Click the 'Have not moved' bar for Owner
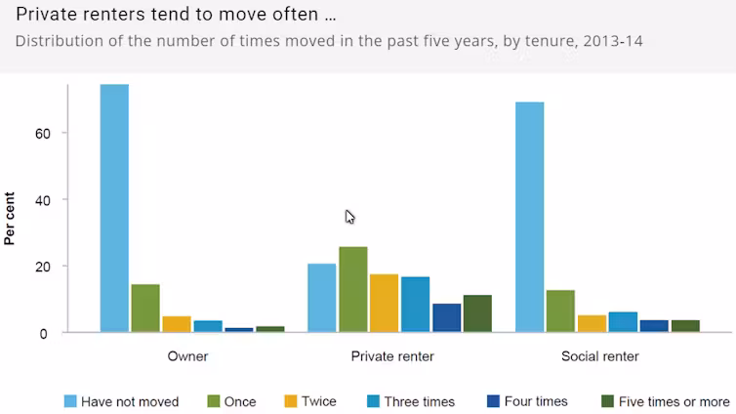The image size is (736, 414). pos(114,208)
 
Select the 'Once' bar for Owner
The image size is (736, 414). pos(145,309)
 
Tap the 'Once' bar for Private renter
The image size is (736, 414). pos(352,290)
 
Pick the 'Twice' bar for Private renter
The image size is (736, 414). pos(384,304)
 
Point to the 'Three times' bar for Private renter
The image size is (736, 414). pos(415,305)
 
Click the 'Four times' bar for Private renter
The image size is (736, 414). pos(446,318)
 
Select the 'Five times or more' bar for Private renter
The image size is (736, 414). pos(477,313)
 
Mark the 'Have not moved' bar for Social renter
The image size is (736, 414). pos(529,217)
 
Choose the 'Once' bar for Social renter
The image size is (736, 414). pos(560,311)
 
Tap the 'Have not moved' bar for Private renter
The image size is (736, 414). pos(321,298)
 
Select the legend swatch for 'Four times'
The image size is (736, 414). pos(492,401)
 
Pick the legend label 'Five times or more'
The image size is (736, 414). pos(674,401)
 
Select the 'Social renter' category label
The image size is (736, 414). pos(600,356)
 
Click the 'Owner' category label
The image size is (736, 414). pos(187,356)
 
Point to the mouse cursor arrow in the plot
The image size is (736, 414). pos(349,216)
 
